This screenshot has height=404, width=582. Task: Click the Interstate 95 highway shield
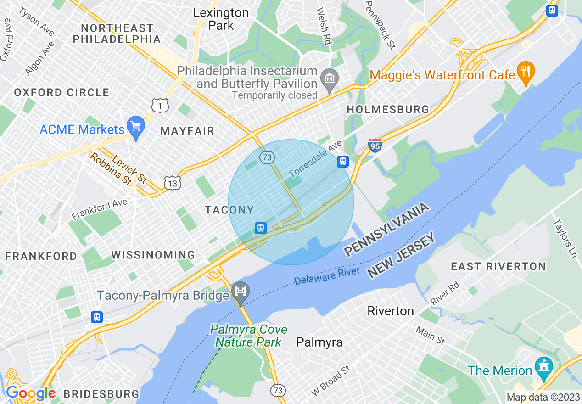(375, 146)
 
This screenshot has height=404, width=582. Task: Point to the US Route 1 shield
(161, 106)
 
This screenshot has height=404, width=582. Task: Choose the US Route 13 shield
(173, 183)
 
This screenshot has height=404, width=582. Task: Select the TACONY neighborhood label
(229, 210)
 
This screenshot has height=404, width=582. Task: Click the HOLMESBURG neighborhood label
(388, 109)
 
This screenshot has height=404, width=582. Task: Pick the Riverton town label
(391, 311)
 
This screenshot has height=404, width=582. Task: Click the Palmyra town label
(319, 342)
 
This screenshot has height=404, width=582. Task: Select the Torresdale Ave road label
(316, 159)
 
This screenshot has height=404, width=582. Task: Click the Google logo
(31, 393)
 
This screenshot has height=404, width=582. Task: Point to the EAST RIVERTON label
(498, 267)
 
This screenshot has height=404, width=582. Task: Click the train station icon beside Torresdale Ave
(342, 161)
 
